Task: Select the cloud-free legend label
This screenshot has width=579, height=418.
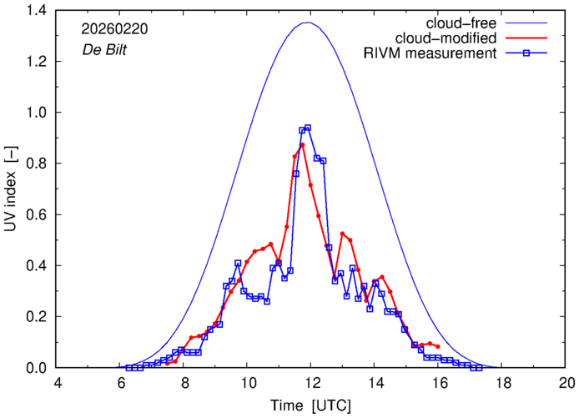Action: click(470, 23)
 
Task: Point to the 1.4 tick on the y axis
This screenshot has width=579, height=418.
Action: click(38, 10)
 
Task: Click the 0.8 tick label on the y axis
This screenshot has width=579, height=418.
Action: click(38, 164)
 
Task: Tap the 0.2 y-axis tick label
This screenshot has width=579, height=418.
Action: click(38, 317)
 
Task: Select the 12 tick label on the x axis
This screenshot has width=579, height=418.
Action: click(311, 382)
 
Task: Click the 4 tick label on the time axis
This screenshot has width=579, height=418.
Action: click(57, 382)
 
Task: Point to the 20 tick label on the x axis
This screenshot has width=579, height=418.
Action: click(566, 382)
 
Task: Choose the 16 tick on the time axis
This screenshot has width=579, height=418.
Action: click(439, 382)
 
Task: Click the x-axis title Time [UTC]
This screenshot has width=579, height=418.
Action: click(311, 405)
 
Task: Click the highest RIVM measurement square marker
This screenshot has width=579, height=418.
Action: click(308, 128)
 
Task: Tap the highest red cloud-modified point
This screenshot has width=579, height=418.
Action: click(302, 144)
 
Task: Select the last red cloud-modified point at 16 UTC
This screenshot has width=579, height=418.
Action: click(438, 346)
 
